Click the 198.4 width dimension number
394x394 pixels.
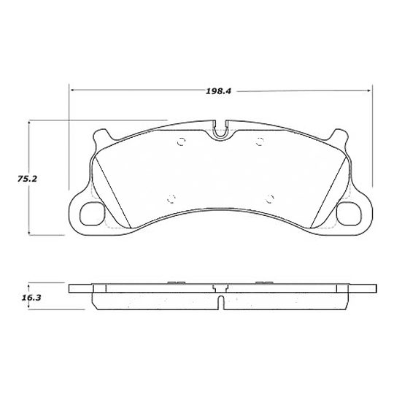coord(218,92)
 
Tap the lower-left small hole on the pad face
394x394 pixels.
coord(171,197)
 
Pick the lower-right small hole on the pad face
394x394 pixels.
coord(270,197)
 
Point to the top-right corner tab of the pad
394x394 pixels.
coord(338,136)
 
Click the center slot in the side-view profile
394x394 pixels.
coord(221,301)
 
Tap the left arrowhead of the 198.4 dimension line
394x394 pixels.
coord(73,90)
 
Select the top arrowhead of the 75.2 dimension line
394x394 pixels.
coord(29,125)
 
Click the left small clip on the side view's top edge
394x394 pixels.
coord(174,282)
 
